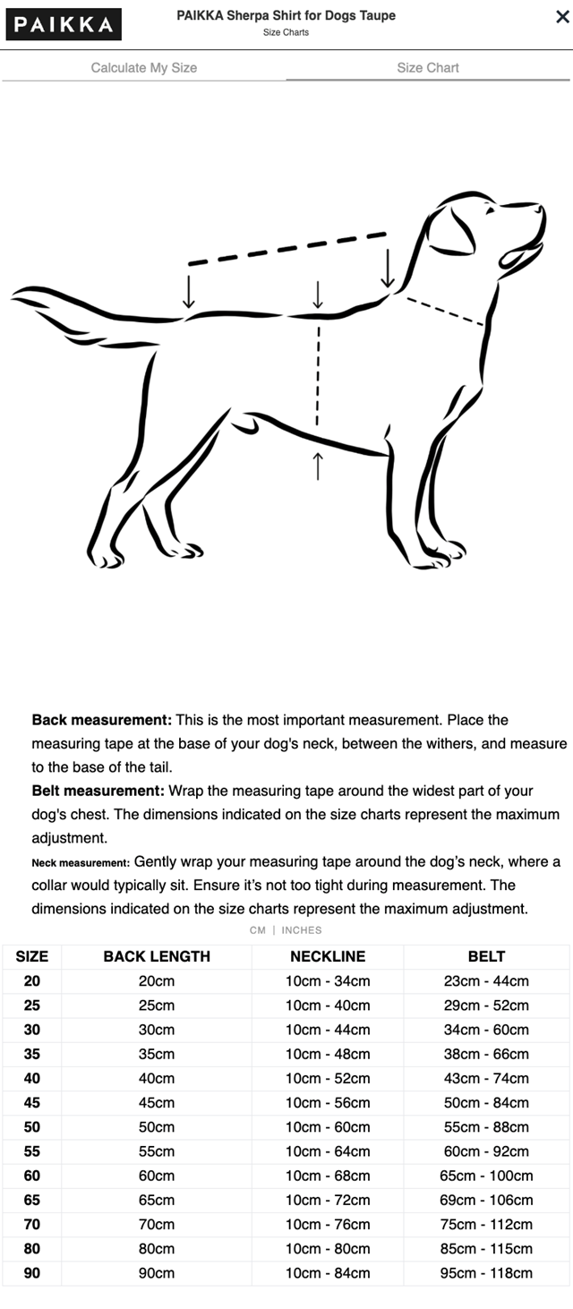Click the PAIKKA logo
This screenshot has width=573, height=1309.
(63, 24)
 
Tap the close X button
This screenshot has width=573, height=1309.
(562, 17)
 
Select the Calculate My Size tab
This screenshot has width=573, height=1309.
(144, 68)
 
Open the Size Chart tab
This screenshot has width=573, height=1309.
(428, 68)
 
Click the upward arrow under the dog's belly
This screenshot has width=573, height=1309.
(318, 465)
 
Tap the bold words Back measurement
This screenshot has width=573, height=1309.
(101, 720)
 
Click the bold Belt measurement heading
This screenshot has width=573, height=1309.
(98, 791)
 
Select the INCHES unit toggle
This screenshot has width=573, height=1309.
(302, 930)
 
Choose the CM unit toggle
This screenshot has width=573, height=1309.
(258, 930)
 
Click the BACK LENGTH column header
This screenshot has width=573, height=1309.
(157, 956)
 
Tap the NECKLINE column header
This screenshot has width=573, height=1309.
(328, 956)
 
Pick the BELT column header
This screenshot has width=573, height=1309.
(486, 956)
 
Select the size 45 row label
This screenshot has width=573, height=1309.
(32, 1102)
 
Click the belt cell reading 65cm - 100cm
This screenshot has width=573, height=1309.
(487, 1176)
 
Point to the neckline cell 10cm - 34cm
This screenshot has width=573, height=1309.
(328, 981)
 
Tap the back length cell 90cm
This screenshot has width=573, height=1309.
(157, 1272)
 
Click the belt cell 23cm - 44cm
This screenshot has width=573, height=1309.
(487, 981)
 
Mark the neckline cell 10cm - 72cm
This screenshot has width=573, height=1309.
(328, 1200)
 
